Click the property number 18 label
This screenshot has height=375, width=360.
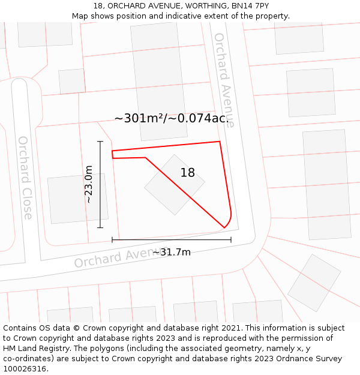click(x=187, y=173)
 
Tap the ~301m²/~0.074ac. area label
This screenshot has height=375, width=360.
click(x=172, y=118)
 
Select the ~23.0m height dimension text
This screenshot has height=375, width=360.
click(x=89, y=184)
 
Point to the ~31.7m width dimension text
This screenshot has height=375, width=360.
click(x=172, y=252)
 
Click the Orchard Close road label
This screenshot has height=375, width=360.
click(x=25, y=178)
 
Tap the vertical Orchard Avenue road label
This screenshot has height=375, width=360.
click(x=224, y=79)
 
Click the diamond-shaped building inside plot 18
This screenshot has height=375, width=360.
click(x=174, y=185)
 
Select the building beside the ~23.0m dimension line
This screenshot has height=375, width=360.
click(x=77, y=199)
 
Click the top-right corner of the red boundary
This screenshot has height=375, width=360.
click(x=220, y=142)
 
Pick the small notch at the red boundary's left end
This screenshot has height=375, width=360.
click(x=113, y=154)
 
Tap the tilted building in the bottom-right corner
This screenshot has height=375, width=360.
click(x=314, y=283)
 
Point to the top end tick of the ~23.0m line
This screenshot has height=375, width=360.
click(x=100, y=142)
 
